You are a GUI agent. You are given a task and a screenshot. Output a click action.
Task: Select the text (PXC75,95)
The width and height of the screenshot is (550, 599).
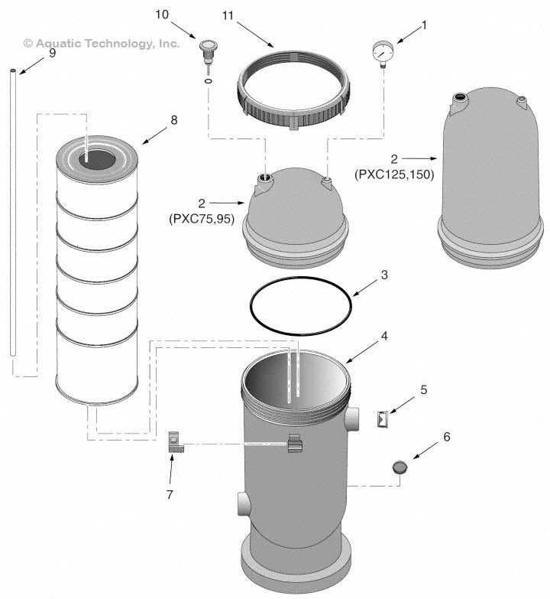click(201, 219)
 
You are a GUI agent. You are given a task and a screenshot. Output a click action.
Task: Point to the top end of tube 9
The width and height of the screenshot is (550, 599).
click(15, 72)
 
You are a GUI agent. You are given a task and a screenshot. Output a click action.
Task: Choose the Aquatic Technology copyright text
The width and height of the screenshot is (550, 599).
click(102, 44)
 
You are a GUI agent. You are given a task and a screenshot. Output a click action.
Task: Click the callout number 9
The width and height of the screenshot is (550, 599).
click(52, 54)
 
